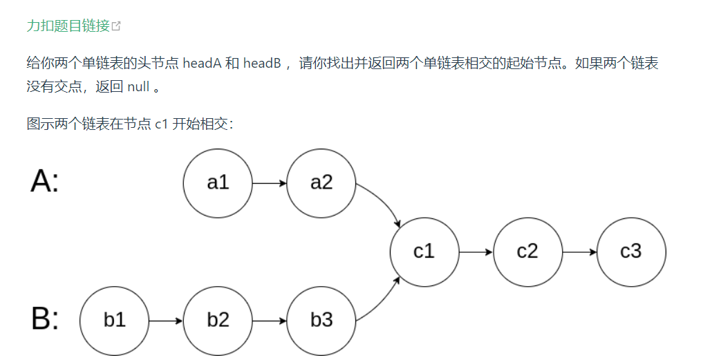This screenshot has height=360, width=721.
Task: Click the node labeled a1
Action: (x=217, y=183)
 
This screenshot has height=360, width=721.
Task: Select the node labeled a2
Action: (x=321, y=183)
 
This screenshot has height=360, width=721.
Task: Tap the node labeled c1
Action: (x=424, y=252)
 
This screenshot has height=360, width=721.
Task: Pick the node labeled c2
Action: (x=527, y=252)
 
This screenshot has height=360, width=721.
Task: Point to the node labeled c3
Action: (x=631, y=252)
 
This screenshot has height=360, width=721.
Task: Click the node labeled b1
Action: (x=114, y=321)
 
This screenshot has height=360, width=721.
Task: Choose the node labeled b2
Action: (x=218, y=321)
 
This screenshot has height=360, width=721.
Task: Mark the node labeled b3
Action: (x=321, y=321)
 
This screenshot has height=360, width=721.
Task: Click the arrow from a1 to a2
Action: (x=269, y=183)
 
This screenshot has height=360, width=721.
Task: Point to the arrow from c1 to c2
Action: (x=476, y=252)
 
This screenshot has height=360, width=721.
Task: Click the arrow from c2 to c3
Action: (x=579, y=252)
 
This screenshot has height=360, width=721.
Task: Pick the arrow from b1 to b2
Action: (x=166, y=321)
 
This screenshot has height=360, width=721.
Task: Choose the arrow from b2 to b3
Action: (x=269, y=321)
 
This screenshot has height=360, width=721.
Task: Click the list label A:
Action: (x=45, y=182)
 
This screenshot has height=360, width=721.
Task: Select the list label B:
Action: (x=45, y=319)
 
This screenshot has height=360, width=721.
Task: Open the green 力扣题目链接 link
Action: (x=68, y=26)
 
